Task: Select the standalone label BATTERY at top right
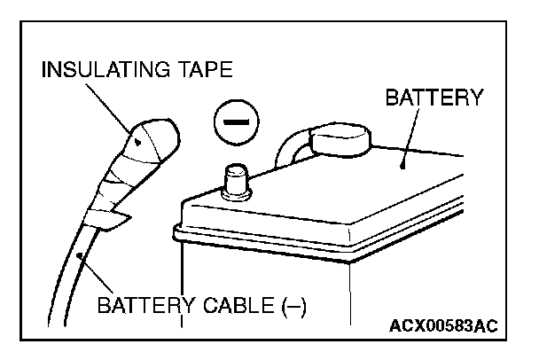[x=434, y=98]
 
